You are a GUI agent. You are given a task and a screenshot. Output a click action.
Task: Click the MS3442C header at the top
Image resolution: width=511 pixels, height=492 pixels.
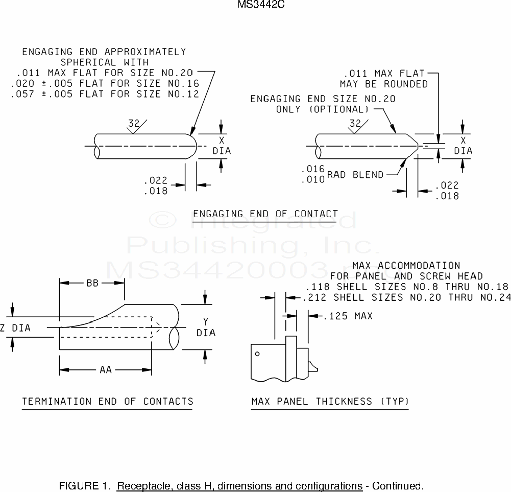coord(261,4)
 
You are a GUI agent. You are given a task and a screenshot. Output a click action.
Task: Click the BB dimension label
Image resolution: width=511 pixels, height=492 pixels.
coord(92,283)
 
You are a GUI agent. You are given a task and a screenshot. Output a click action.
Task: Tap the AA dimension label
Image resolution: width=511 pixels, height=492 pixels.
coord(106,370)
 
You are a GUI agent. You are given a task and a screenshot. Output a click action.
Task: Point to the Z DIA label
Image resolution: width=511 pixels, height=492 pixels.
coord(16,328)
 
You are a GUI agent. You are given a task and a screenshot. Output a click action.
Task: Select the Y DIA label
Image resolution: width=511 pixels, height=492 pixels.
coord(206,327)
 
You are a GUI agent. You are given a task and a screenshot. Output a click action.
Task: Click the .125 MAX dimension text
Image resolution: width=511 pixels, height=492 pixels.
coord(348,316)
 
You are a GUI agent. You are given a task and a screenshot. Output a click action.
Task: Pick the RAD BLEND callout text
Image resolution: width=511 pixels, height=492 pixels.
coord(355,175)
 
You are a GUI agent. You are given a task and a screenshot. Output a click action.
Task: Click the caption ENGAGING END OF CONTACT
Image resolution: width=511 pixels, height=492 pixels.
coord(265,214)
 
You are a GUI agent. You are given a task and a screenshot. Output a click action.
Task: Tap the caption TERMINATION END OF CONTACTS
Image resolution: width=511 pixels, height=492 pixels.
coord(108,401)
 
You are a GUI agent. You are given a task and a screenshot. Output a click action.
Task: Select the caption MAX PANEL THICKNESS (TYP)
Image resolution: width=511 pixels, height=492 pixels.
coord(330,401)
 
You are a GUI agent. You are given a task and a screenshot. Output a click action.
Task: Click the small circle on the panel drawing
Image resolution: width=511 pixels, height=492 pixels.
coord(257,354)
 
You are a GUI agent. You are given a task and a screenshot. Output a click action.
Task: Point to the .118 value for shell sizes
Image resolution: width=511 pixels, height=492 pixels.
coord(318,287)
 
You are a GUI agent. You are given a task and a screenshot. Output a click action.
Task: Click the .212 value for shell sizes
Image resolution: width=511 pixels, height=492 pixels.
coord(314,298)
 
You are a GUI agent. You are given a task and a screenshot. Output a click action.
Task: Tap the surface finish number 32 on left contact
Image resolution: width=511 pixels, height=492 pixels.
coord(134,123)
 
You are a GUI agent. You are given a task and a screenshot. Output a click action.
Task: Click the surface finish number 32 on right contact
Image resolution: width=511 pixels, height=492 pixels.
coord(355,123)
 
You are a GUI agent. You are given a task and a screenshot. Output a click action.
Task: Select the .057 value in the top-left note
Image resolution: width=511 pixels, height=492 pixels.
coord(22,95)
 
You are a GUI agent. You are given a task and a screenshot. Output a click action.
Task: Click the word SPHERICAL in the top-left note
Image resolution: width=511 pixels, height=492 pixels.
coord(88,62)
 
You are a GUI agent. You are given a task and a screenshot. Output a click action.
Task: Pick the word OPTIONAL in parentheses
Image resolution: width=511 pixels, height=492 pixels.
coord(339,109)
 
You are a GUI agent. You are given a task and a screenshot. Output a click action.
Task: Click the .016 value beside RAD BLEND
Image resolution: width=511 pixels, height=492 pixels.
coord(313,169)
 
